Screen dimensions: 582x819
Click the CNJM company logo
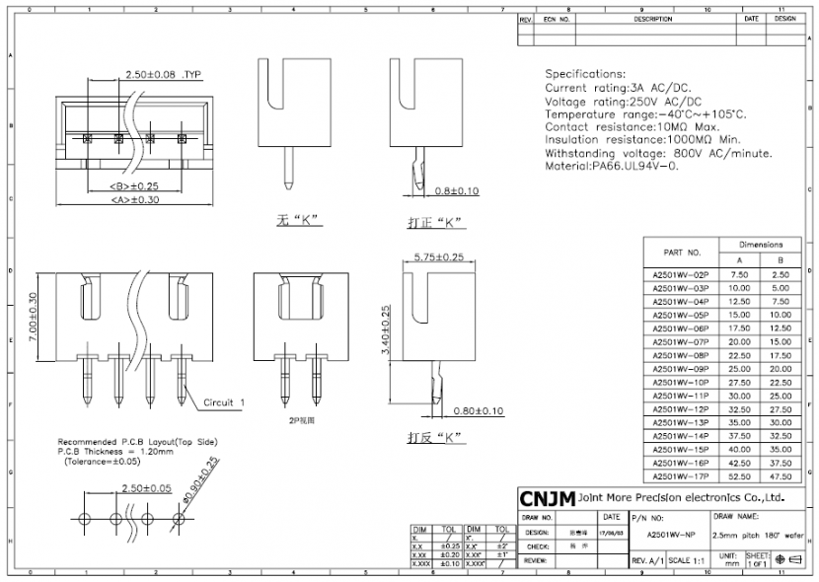(547, 498)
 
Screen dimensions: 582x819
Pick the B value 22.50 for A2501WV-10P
(780, 381)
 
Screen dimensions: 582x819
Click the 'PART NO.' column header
(682, 253)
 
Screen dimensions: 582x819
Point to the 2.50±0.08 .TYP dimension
(163, 75)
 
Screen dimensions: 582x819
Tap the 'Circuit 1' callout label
(224, 402)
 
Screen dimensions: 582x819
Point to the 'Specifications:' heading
(585, 74)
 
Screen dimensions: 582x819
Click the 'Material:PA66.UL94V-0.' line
(612, 167)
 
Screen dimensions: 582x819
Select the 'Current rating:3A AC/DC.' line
(617, 88)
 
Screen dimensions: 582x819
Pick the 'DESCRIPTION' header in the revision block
(652, 19)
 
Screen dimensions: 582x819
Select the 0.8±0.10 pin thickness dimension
(457, 190)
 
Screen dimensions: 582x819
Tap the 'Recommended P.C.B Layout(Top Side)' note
(138, 441)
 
